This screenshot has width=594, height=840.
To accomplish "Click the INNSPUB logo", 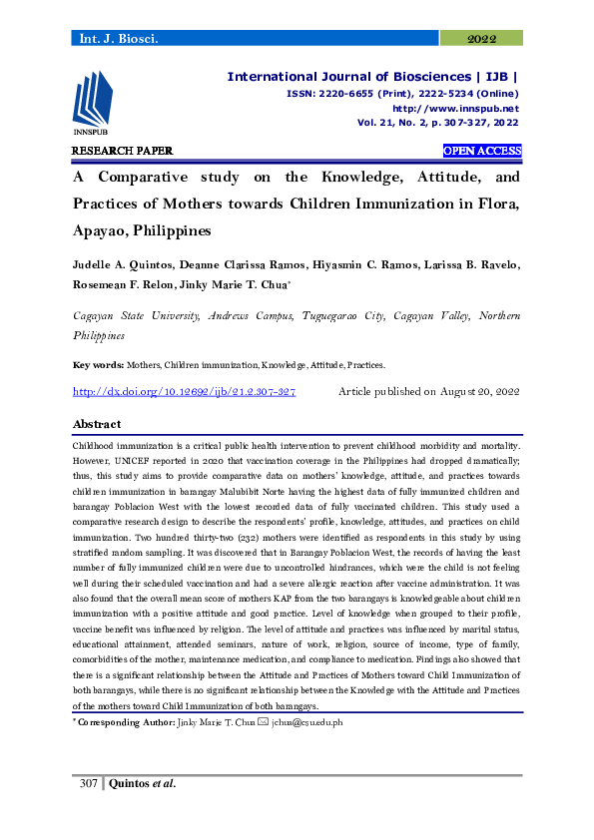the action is (x=93, y=104).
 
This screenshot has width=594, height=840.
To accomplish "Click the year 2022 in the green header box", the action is (x=481, y=38).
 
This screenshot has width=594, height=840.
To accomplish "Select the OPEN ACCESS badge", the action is (x=482, y=151).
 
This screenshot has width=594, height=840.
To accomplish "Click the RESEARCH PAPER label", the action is (x=122, y=151).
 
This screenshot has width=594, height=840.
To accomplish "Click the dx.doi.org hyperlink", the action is (x=184, y=392).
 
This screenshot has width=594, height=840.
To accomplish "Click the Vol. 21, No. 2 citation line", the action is (x=437, y=122).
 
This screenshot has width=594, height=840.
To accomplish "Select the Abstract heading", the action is (x=97, y=424).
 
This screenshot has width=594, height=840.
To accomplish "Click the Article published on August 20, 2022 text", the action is (x=429, y=392).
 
